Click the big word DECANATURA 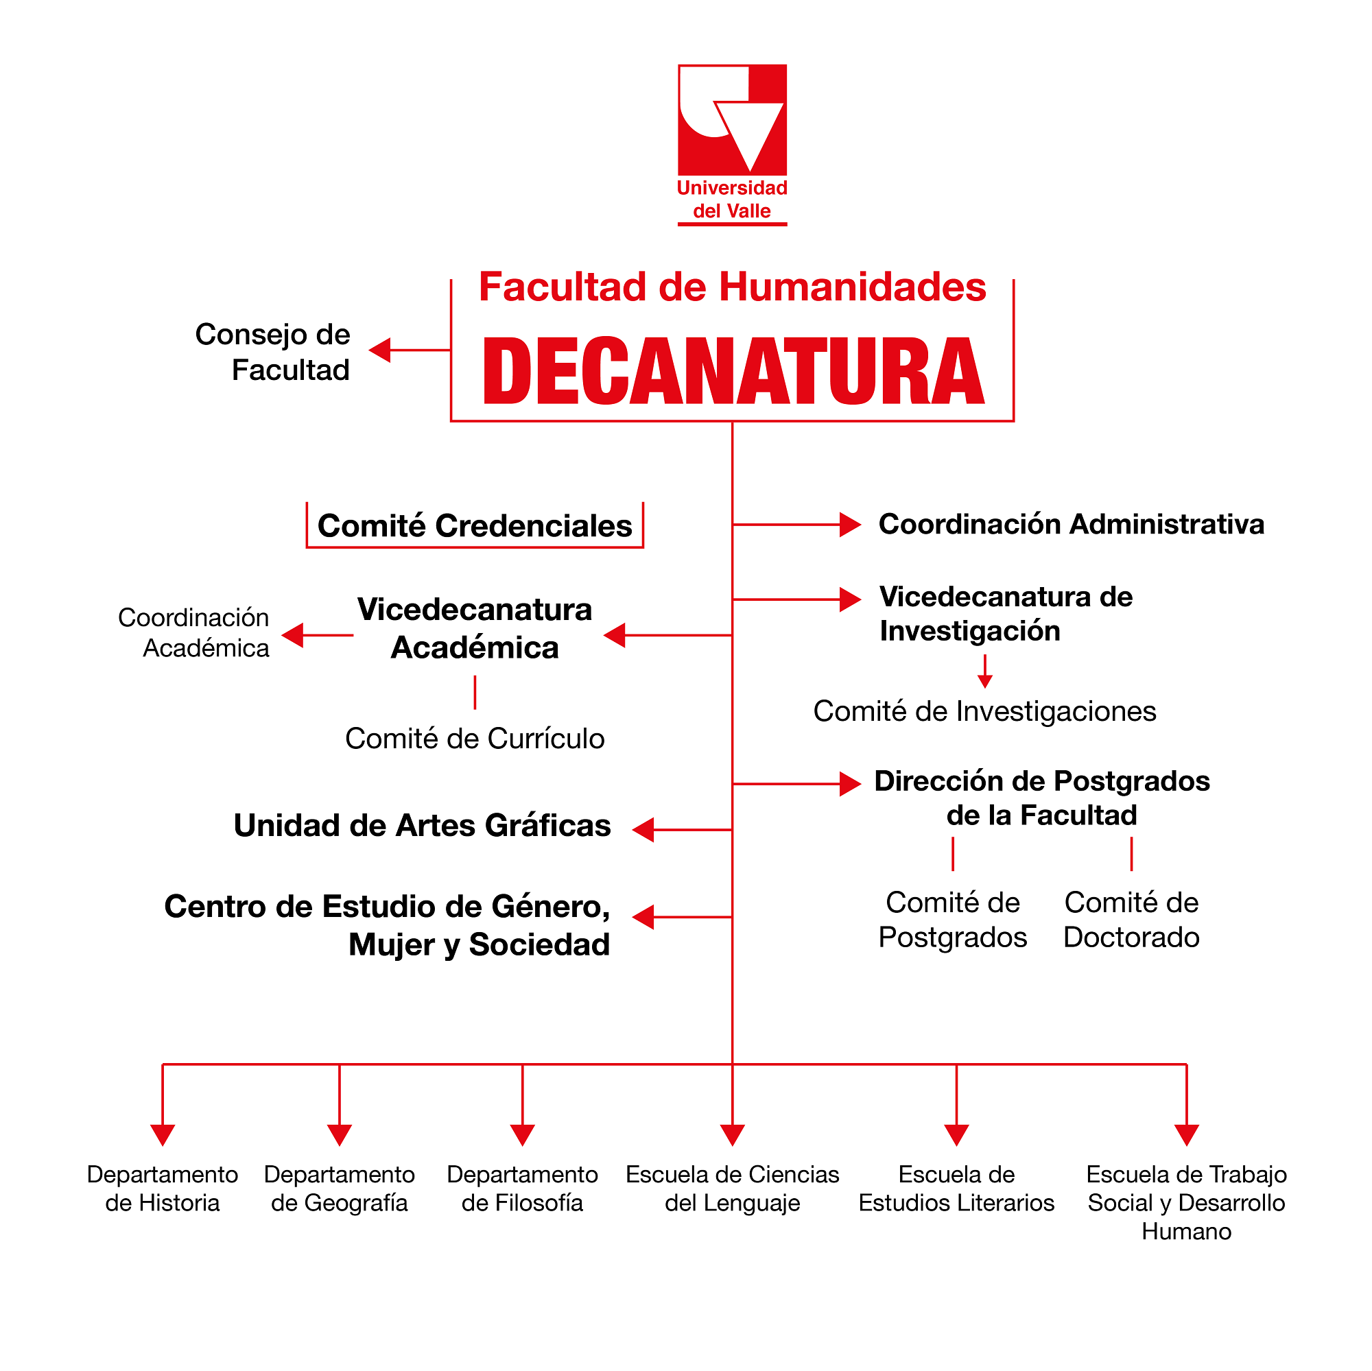(733, 371)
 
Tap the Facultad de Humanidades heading (732, 287)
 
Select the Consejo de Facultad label (274, 352)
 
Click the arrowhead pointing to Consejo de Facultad (381, 350)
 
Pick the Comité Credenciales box (475, 526)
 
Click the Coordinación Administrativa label (1071, 525)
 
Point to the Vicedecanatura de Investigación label (1005, 613)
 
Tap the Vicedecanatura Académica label (475, 628)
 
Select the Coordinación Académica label (195, 632)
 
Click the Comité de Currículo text (475, 739)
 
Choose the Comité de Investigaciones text (984, 711)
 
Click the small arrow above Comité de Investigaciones (984, 680)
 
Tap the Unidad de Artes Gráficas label (422, 826)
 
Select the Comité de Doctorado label (1131, 920)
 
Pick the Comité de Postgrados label (952, 920)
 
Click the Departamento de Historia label (163, 1189)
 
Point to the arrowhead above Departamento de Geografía (340, 1134)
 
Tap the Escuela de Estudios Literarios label (956, 1189)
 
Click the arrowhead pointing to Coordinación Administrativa (849, 525)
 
